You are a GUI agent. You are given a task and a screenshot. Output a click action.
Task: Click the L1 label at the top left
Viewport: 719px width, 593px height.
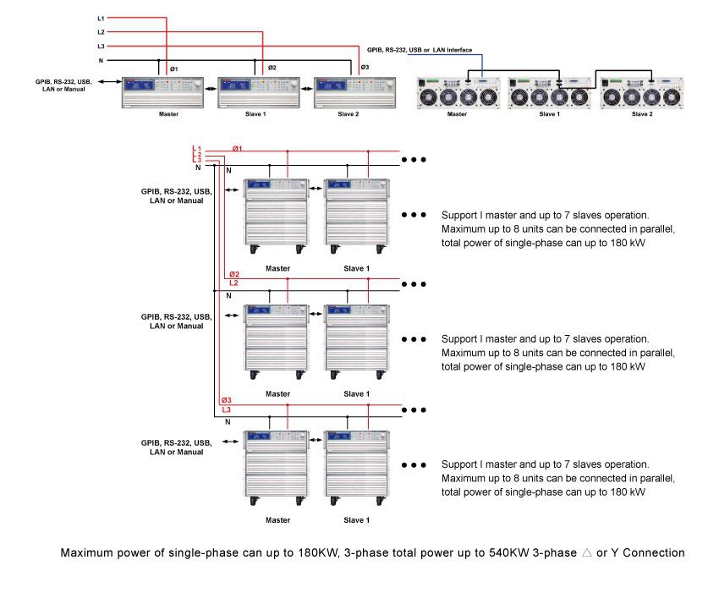pos(101,17)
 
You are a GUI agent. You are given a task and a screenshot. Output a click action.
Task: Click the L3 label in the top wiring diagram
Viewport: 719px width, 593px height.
pos(101,46)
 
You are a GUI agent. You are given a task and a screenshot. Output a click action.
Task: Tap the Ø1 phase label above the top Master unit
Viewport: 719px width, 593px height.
pos(174,68)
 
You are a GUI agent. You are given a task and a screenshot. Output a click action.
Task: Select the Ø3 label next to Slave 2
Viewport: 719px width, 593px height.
pos(365,68)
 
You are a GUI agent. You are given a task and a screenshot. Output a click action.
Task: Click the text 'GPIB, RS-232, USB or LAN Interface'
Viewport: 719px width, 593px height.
pos(420,51)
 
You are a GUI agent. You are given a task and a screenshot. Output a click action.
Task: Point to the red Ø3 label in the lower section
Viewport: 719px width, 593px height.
pos(226,400)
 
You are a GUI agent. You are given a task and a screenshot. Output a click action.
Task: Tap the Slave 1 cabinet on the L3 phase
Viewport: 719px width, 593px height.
pos(356,469)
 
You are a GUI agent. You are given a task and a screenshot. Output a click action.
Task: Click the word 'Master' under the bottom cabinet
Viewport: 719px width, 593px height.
pos(277,520)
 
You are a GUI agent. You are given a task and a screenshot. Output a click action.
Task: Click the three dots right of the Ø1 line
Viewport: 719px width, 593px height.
pos(414,159)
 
